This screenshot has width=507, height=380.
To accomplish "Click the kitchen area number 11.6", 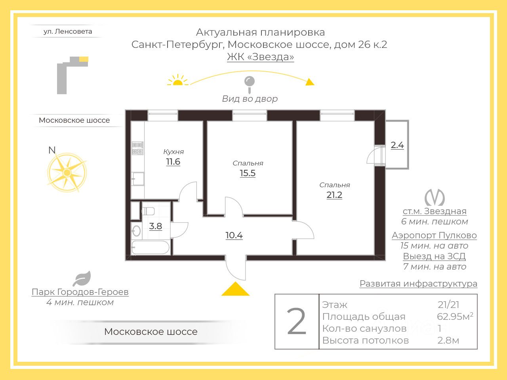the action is coord(173,161).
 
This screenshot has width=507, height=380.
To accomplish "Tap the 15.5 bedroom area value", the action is coord(248,173).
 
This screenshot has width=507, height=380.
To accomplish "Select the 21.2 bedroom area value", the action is coord(334,195).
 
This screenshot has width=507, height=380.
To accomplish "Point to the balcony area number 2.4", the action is coord(397,145).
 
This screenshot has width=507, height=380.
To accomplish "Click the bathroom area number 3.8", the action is coord(156,226).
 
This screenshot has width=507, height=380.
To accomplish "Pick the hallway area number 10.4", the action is coord(234,235).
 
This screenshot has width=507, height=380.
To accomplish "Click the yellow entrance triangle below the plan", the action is coord(235,289).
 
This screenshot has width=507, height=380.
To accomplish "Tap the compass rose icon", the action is coord(67,173).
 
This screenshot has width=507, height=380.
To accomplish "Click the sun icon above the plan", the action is coord(178,80).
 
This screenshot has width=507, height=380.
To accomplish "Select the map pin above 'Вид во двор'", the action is coord(250,83).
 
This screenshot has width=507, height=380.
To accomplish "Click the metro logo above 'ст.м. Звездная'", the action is coord(435,198).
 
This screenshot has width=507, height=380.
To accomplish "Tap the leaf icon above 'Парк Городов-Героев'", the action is coord(82,279).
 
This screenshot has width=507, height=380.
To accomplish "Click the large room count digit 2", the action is coord(297,322).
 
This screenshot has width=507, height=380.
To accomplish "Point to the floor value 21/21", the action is coord(449,305).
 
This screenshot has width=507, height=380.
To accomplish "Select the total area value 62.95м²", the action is coord(455,317).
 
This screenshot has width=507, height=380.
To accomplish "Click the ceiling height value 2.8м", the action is coord(448,340).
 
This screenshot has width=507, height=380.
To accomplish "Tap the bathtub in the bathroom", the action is coord(151,248).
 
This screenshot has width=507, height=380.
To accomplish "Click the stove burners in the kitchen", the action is coord(137,148).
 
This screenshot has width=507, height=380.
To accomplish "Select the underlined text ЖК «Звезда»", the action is coord(260,57).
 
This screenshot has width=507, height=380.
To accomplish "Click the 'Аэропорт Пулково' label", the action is coord(434,235).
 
